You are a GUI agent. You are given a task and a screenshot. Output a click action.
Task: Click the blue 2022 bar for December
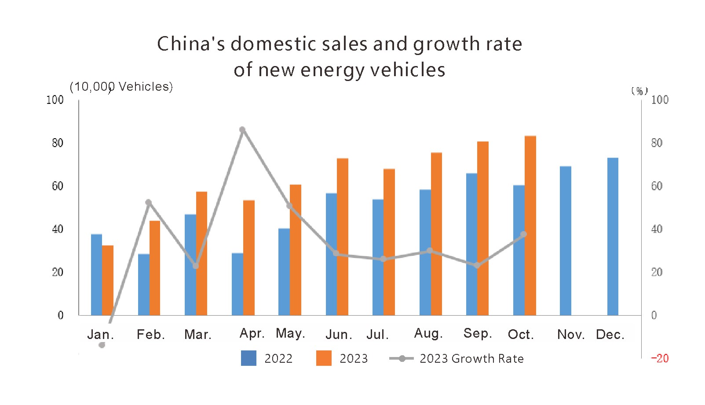point(613,236)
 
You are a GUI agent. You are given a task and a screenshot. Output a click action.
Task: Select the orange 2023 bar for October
point(530,225)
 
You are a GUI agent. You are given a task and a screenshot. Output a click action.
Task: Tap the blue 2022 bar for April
point(237,284)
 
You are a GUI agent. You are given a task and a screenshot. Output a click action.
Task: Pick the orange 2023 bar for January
point(108,280)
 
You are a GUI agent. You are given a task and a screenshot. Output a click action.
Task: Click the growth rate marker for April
point(242,130)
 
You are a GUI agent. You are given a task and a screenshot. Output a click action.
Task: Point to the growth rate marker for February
point(148,202)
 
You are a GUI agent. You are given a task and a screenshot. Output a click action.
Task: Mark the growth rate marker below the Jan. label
point(102,345)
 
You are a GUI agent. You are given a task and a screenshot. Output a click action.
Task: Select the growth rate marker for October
point(523,234)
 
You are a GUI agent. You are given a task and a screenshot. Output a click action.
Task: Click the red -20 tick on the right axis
point(660,358)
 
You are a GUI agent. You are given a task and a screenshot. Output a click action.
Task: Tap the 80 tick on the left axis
point(58,143)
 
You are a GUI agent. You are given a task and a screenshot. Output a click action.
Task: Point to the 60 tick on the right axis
point(657,186)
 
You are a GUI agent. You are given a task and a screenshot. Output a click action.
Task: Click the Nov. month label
point(571,335)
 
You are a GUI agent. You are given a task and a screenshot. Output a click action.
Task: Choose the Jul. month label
point(378,335)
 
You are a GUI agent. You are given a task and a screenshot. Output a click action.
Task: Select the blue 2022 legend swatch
point(248,358)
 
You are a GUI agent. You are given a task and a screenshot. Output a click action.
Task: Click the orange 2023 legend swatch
point(324,358)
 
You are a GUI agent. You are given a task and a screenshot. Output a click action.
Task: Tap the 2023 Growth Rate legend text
point(471,359)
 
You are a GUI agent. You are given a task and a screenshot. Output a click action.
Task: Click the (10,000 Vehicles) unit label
point(121,87)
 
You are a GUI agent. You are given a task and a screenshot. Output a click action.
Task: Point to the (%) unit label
point(639,91)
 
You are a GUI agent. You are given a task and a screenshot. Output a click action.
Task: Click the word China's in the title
point(191,44)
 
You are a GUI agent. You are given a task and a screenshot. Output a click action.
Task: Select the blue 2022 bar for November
point(566,241)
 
